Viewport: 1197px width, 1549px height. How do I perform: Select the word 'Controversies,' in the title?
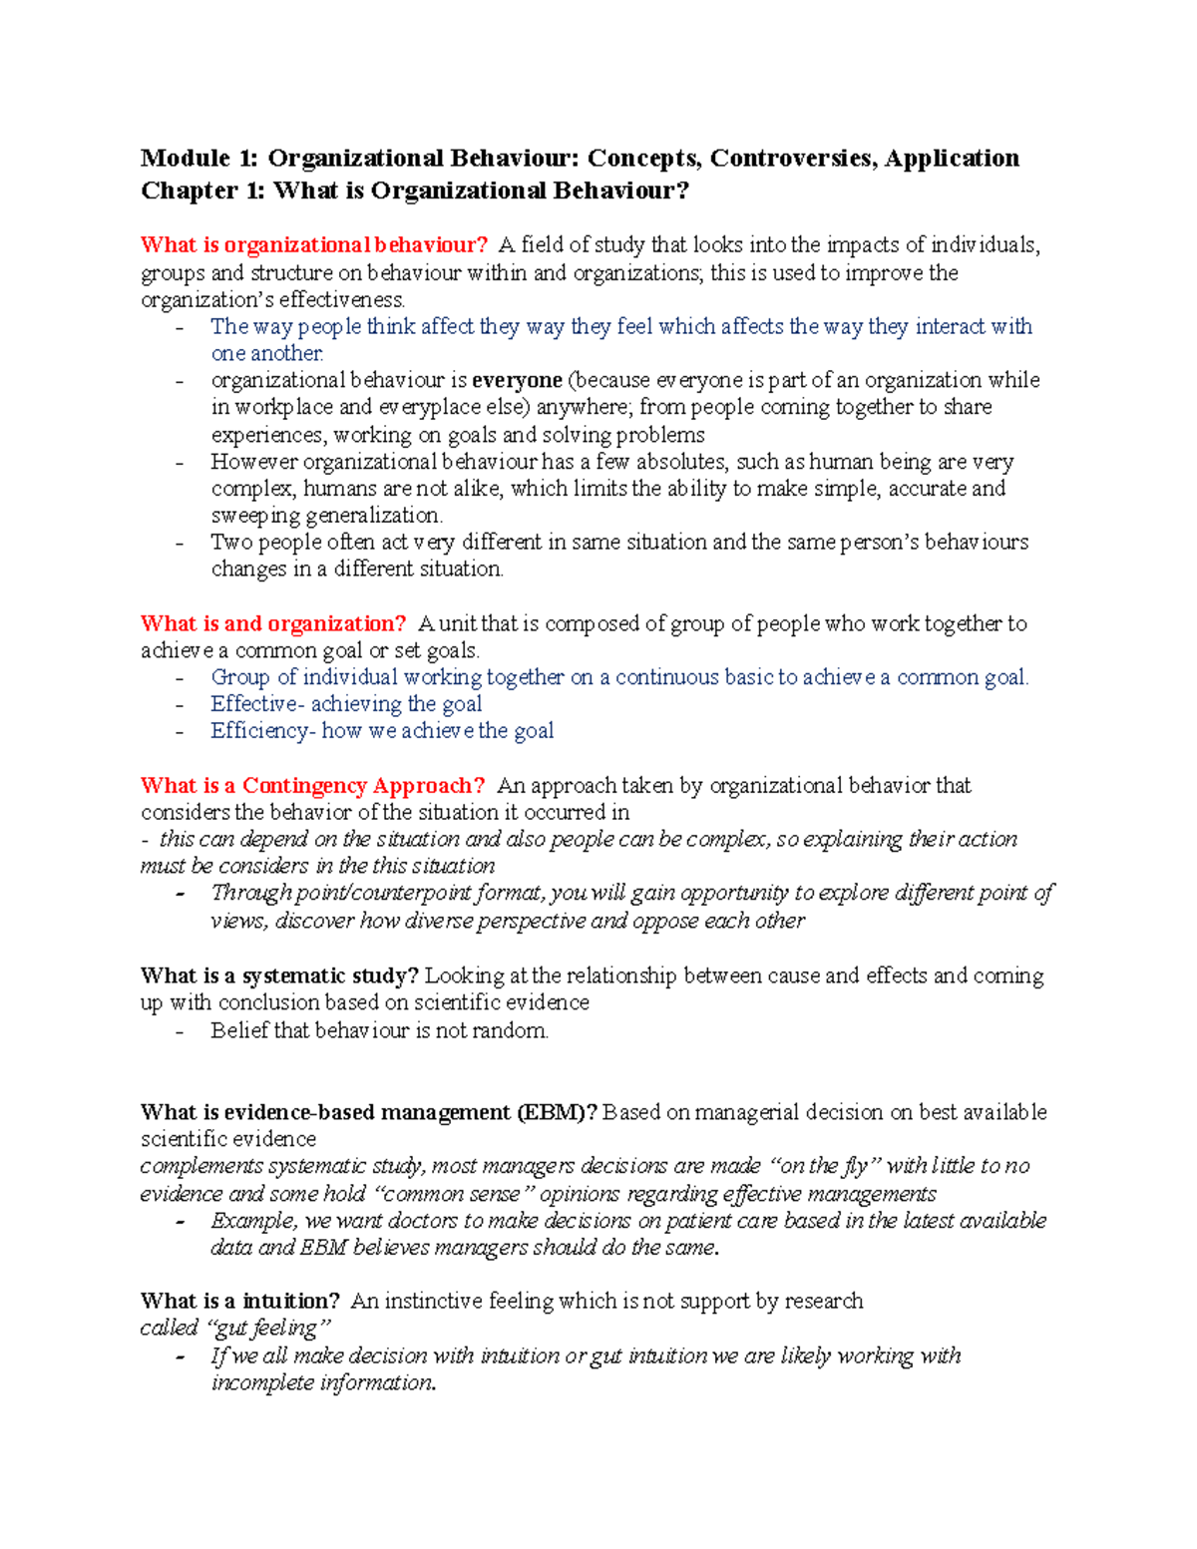click(x=792, y=159)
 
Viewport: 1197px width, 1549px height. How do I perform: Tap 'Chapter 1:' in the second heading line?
click(x=202, y=191)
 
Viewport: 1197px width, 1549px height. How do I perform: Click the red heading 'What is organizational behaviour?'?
click(x=314, y=245)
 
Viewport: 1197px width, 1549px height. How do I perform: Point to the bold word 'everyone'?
click(x=517, y=380)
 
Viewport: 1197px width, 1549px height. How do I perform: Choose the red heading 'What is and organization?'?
click(x=273, y=624)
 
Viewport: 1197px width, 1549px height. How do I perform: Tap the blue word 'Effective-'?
click(x=256, y=704)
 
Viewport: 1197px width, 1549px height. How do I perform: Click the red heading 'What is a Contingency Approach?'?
click(x=313, y=786)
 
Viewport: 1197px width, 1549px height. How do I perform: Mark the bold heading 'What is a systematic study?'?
click(x=280, y=975)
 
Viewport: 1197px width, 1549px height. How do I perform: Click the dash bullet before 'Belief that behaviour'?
click(x=180, y=1031)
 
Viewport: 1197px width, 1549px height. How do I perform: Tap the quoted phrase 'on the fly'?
click(x=823, y=1166)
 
